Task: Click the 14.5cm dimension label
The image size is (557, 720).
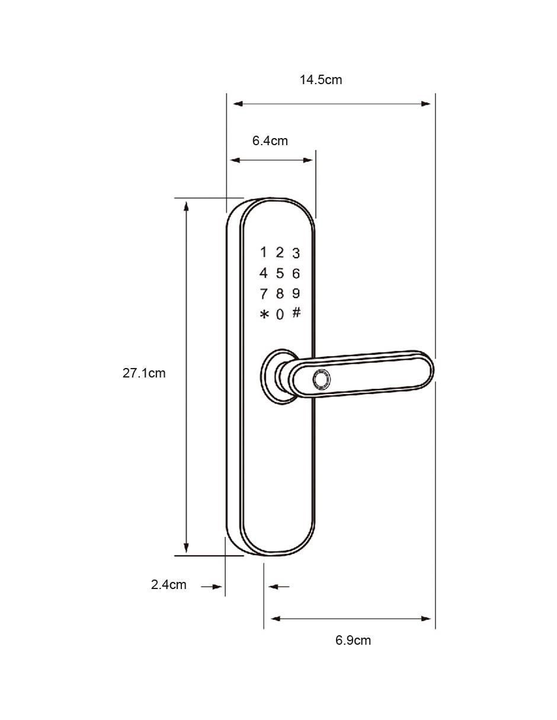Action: pyautogui.click(x=321, y=80)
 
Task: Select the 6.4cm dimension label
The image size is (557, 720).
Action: pyautogui.click(x=270, y=141)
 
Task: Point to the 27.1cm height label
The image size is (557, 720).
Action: pyautogui.click(x=144, y=373)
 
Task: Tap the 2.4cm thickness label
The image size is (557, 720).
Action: pyautogui.click(x=168, y=584)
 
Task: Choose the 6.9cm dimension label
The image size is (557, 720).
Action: pyautogui.click(x=353, y=640)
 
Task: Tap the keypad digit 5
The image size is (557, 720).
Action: pyautogui.click(x=280, y=273)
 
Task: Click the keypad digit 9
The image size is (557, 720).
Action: pyautogui.click(x=296, y=293)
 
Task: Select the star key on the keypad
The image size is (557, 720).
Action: pyautogui.click(x=264, y=315)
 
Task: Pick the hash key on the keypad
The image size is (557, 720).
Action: pyautogui.click(x=296, y=312)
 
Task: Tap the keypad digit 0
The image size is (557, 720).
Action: pyautogui.click(x=280, y=315)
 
